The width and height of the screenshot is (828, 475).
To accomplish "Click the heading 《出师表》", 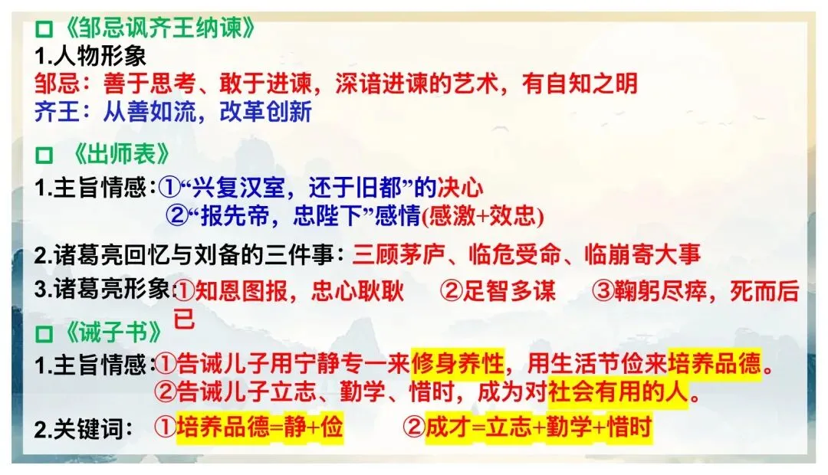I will click(123, 156).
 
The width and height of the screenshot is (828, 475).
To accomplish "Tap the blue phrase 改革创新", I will click(265, 112).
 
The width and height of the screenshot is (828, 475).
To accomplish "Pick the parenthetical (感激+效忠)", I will click(482, 217).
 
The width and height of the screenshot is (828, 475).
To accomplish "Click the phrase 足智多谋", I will click(509, 290).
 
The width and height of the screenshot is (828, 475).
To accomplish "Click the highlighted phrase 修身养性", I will click(457, 362).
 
